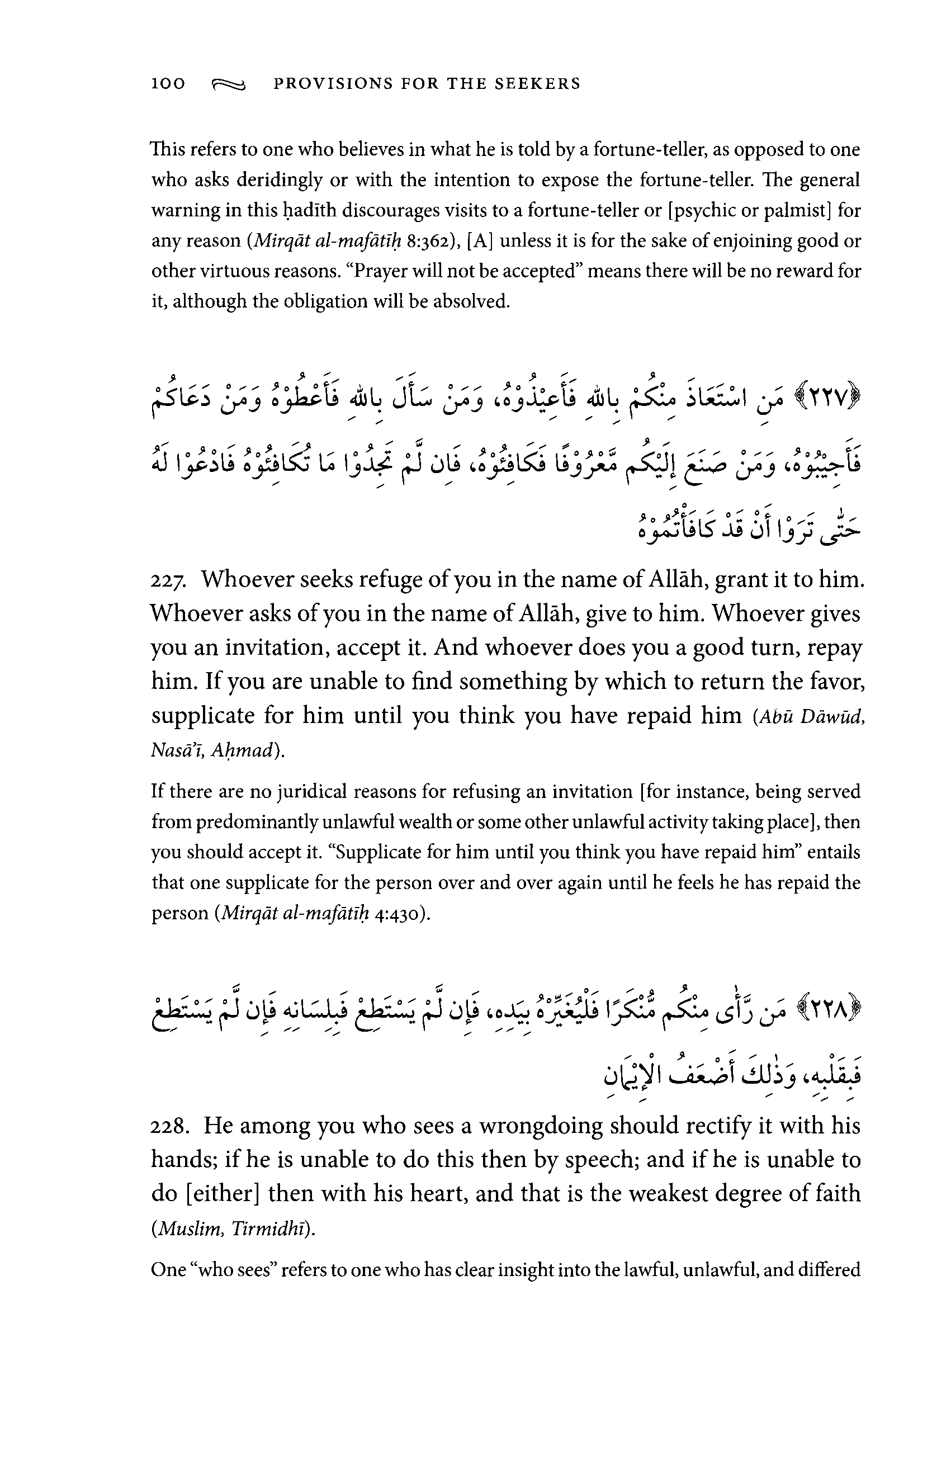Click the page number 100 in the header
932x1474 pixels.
pos(168,84)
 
